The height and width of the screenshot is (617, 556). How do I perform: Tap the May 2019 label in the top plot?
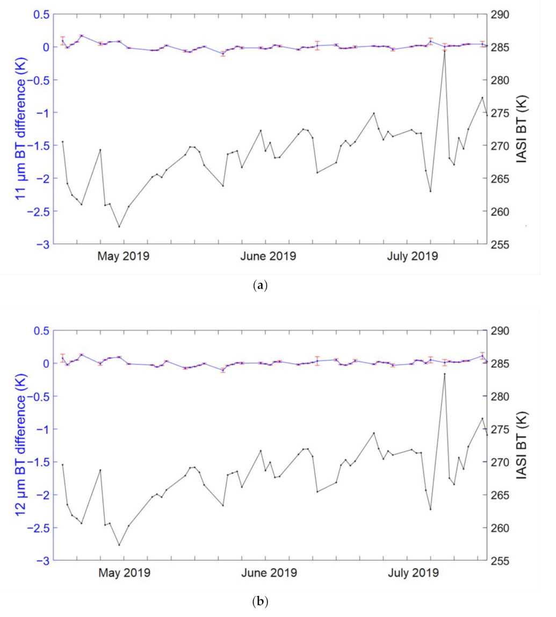coord(124,255)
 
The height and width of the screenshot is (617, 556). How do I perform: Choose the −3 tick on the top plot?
coord(44,244)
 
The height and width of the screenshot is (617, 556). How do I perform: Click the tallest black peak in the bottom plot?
coord(444,374)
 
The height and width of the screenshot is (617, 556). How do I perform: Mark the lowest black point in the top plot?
coord(119,226)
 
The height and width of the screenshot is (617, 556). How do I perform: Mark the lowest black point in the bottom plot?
coord(119,545)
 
